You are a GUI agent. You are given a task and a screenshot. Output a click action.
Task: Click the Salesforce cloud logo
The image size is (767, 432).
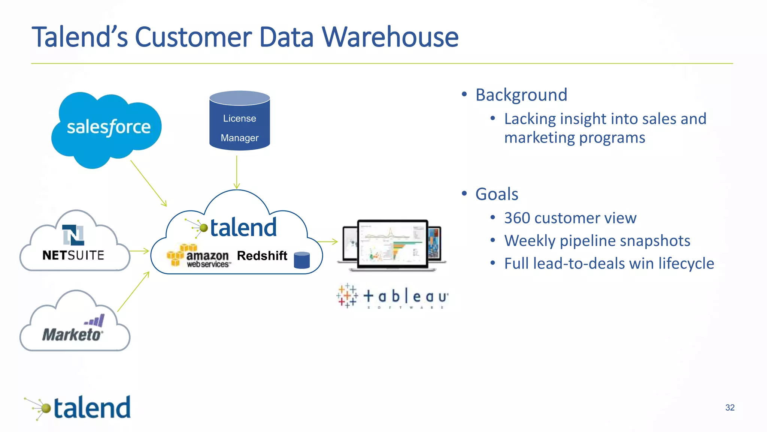coord(107,127)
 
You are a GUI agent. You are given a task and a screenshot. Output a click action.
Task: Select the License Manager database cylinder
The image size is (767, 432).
coord(240,121)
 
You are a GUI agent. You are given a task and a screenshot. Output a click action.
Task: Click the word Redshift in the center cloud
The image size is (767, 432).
coord(262,256)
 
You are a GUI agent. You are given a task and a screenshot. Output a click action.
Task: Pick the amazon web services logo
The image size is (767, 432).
coord(198,256)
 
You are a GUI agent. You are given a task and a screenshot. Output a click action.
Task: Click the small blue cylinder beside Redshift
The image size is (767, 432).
coord(301,260)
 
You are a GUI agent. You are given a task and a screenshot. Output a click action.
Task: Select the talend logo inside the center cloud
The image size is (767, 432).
coord(232,227)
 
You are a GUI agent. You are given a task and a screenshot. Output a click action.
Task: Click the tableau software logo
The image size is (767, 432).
coord(392,297)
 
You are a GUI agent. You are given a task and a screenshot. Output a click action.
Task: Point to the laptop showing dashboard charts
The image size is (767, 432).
coord(392,244)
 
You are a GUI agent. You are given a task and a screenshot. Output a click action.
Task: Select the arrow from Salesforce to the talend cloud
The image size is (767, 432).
coord(148,183)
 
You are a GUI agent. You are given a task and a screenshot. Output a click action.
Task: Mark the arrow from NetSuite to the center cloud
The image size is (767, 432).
coord(139,251)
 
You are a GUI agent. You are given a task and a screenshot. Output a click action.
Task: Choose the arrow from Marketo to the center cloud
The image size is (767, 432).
coord(133,292)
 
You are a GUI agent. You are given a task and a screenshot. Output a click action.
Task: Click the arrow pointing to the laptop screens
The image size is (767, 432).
coord(328,242)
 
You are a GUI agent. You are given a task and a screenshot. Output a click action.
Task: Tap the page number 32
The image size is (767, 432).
coord(730,408)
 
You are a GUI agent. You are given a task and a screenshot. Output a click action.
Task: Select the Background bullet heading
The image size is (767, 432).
coord(521,95)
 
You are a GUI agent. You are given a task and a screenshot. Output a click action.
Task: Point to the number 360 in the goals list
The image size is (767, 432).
coord(516,218)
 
